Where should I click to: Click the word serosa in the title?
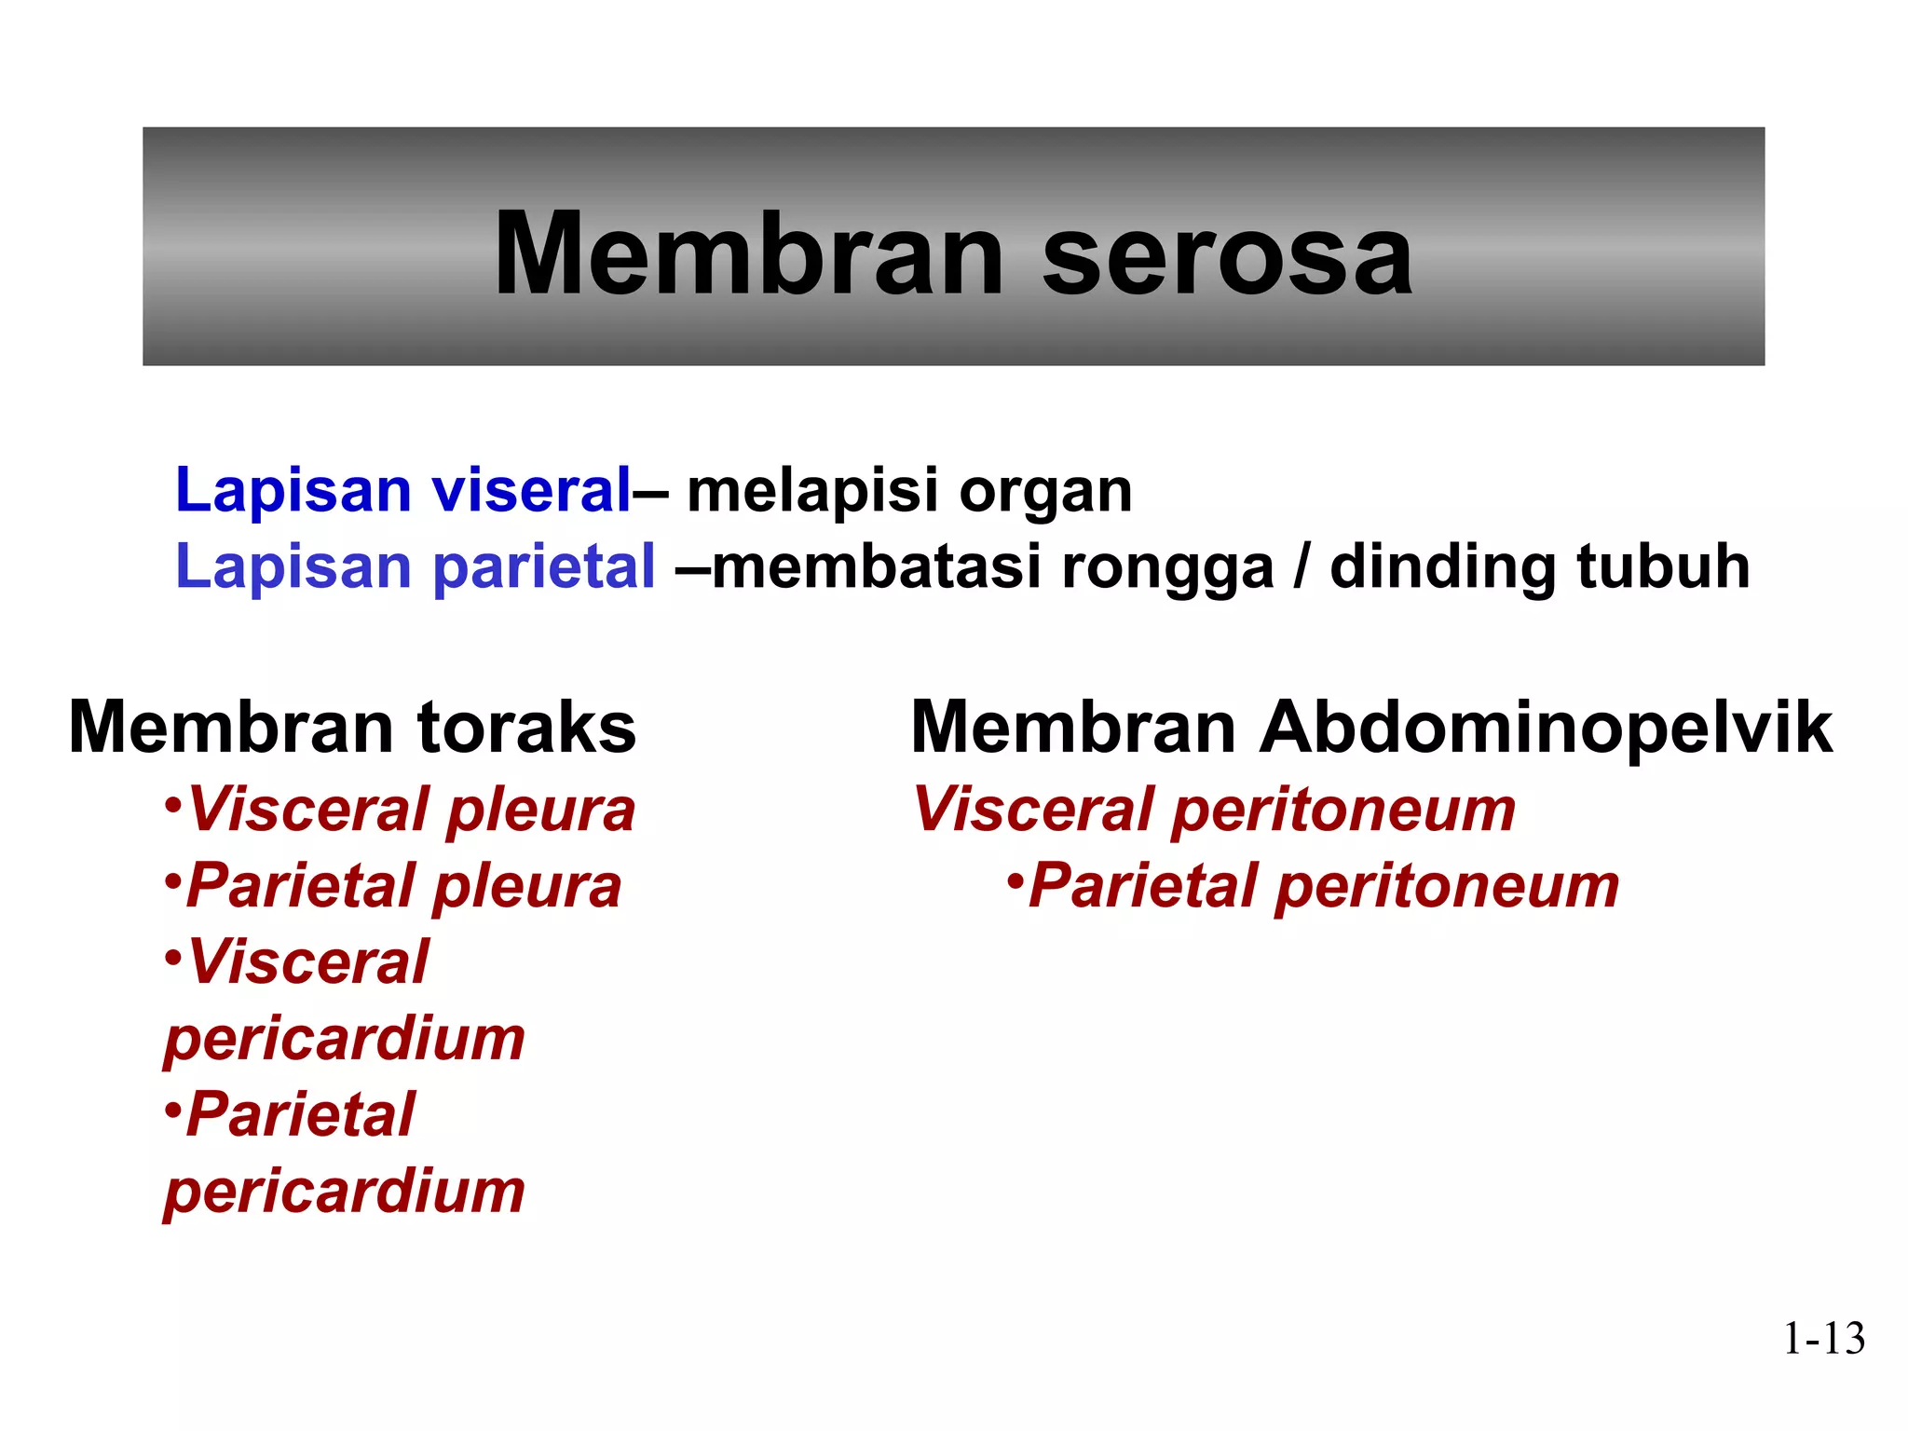[x=1227, y=254]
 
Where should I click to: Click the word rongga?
[x=1166, y=568]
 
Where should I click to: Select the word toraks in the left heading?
[x=526, y=728]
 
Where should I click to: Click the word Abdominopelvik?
[x=1547, y=729]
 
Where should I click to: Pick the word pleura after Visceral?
[x=541, y=811]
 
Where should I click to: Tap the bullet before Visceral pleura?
[x=172, y=803]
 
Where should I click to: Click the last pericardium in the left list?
[x=345, y=1192]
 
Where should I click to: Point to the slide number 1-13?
[x=1823, y=1339]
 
